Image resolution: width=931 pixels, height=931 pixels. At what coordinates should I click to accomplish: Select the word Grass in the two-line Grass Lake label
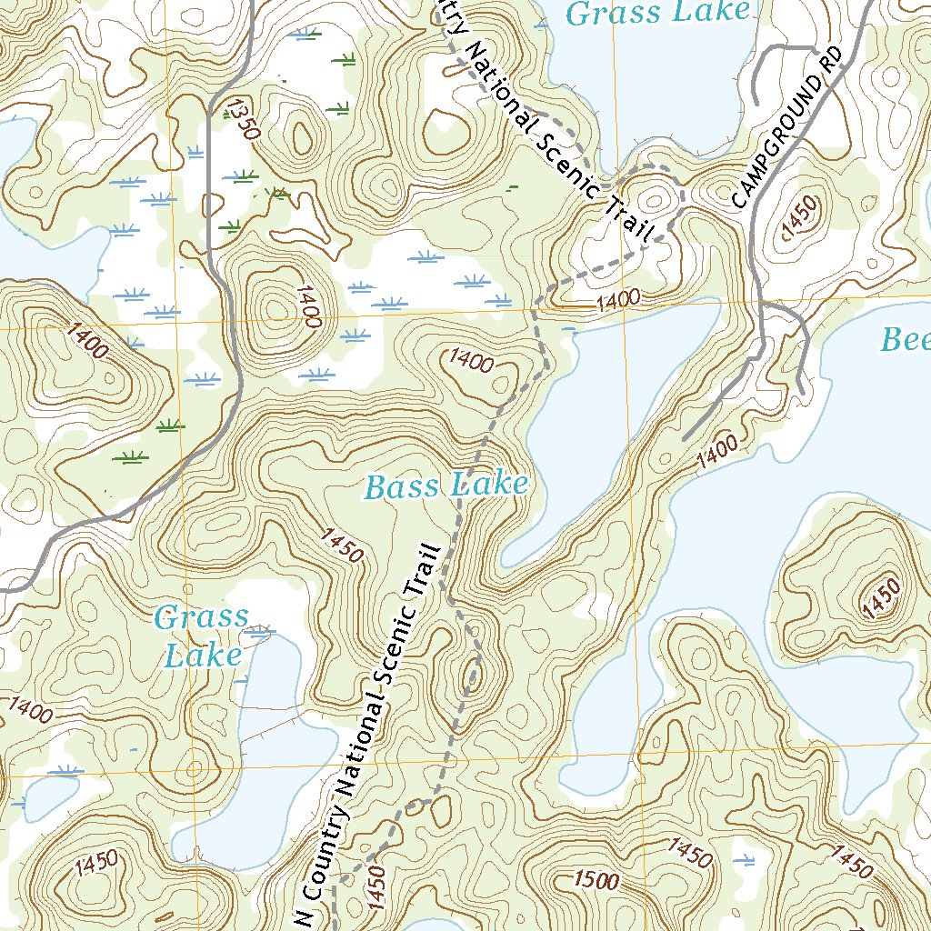[x=201, y=618]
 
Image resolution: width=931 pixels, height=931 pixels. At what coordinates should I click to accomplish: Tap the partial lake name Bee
[x=906, y=340]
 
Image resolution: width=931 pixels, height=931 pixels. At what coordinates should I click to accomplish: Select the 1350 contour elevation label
[x=245, y=118]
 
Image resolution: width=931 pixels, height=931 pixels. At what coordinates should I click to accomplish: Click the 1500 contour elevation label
[x=596, y=880]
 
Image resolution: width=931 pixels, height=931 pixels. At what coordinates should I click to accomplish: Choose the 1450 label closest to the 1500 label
[x=689, y=853]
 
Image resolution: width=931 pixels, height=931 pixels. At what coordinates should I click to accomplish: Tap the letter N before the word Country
[x=306, y=918]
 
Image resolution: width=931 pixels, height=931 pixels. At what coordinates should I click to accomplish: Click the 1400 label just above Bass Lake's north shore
[x=619, y=299]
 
